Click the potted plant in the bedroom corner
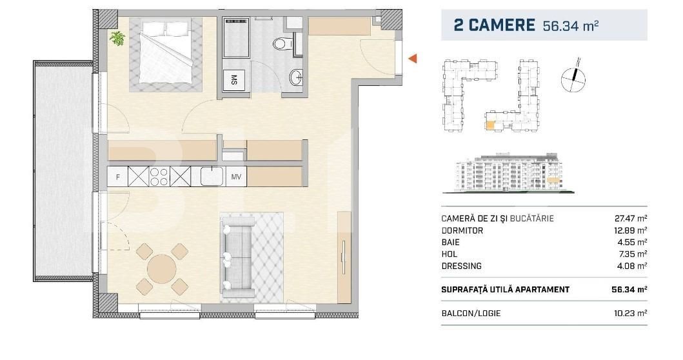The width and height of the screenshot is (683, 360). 117,39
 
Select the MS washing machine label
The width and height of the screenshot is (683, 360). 233,81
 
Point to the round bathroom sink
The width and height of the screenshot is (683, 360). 295,76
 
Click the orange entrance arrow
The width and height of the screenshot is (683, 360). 413,59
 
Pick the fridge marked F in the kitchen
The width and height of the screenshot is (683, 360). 117,176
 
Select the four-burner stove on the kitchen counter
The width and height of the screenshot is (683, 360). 159,176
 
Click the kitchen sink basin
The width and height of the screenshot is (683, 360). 212,175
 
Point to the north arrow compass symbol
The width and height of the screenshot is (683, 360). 573,75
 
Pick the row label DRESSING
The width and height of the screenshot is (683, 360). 461,265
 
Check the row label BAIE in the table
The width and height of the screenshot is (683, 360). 450,242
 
